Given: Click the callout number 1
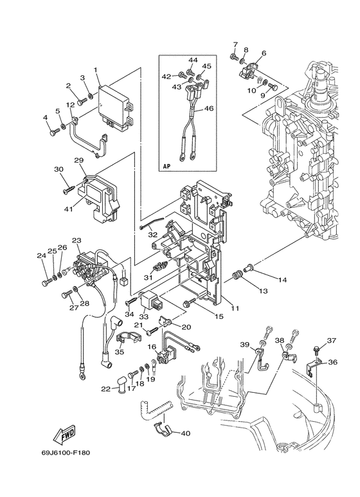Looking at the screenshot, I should coord(95,70).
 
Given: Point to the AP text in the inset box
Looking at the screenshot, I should coord(166,165).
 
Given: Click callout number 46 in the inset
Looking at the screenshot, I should coord(208,109).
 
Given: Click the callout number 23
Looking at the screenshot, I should coord(76,240).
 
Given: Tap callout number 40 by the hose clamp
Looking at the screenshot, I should coord(186,433).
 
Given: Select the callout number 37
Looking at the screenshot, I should coord(332,341).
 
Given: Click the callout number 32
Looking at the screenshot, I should coord(152,235).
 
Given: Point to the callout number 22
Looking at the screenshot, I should coord(105,388).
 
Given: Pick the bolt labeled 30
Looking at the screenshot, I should coord(67,190).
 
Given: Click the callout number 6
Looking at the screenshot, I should coord(264,53).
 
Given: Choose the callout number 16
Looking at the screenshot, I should coord(152,347).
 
